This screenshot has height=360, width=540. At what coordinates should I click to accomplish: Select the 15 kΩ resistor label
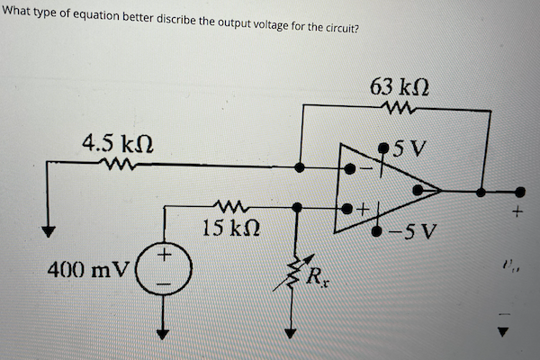pos(225,228)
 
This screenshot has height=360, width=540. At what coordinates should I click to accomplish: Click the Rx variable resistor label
pos(318,277)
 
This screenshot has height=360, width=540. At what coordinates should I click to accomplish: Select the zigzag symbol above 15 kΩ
pos(225,206)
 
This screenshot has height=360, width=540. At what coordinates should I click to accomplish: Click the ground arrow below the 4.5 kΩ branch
pos(49,230)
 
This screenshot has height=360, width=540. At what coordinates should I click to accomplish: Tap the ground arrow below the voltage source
pos(164,332)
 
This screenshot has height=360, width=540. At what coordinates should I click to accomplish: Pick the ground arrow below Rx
pos(291,332)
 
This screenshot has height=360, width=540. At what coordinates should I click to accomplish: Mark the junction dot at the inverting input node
pos(301,166)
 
